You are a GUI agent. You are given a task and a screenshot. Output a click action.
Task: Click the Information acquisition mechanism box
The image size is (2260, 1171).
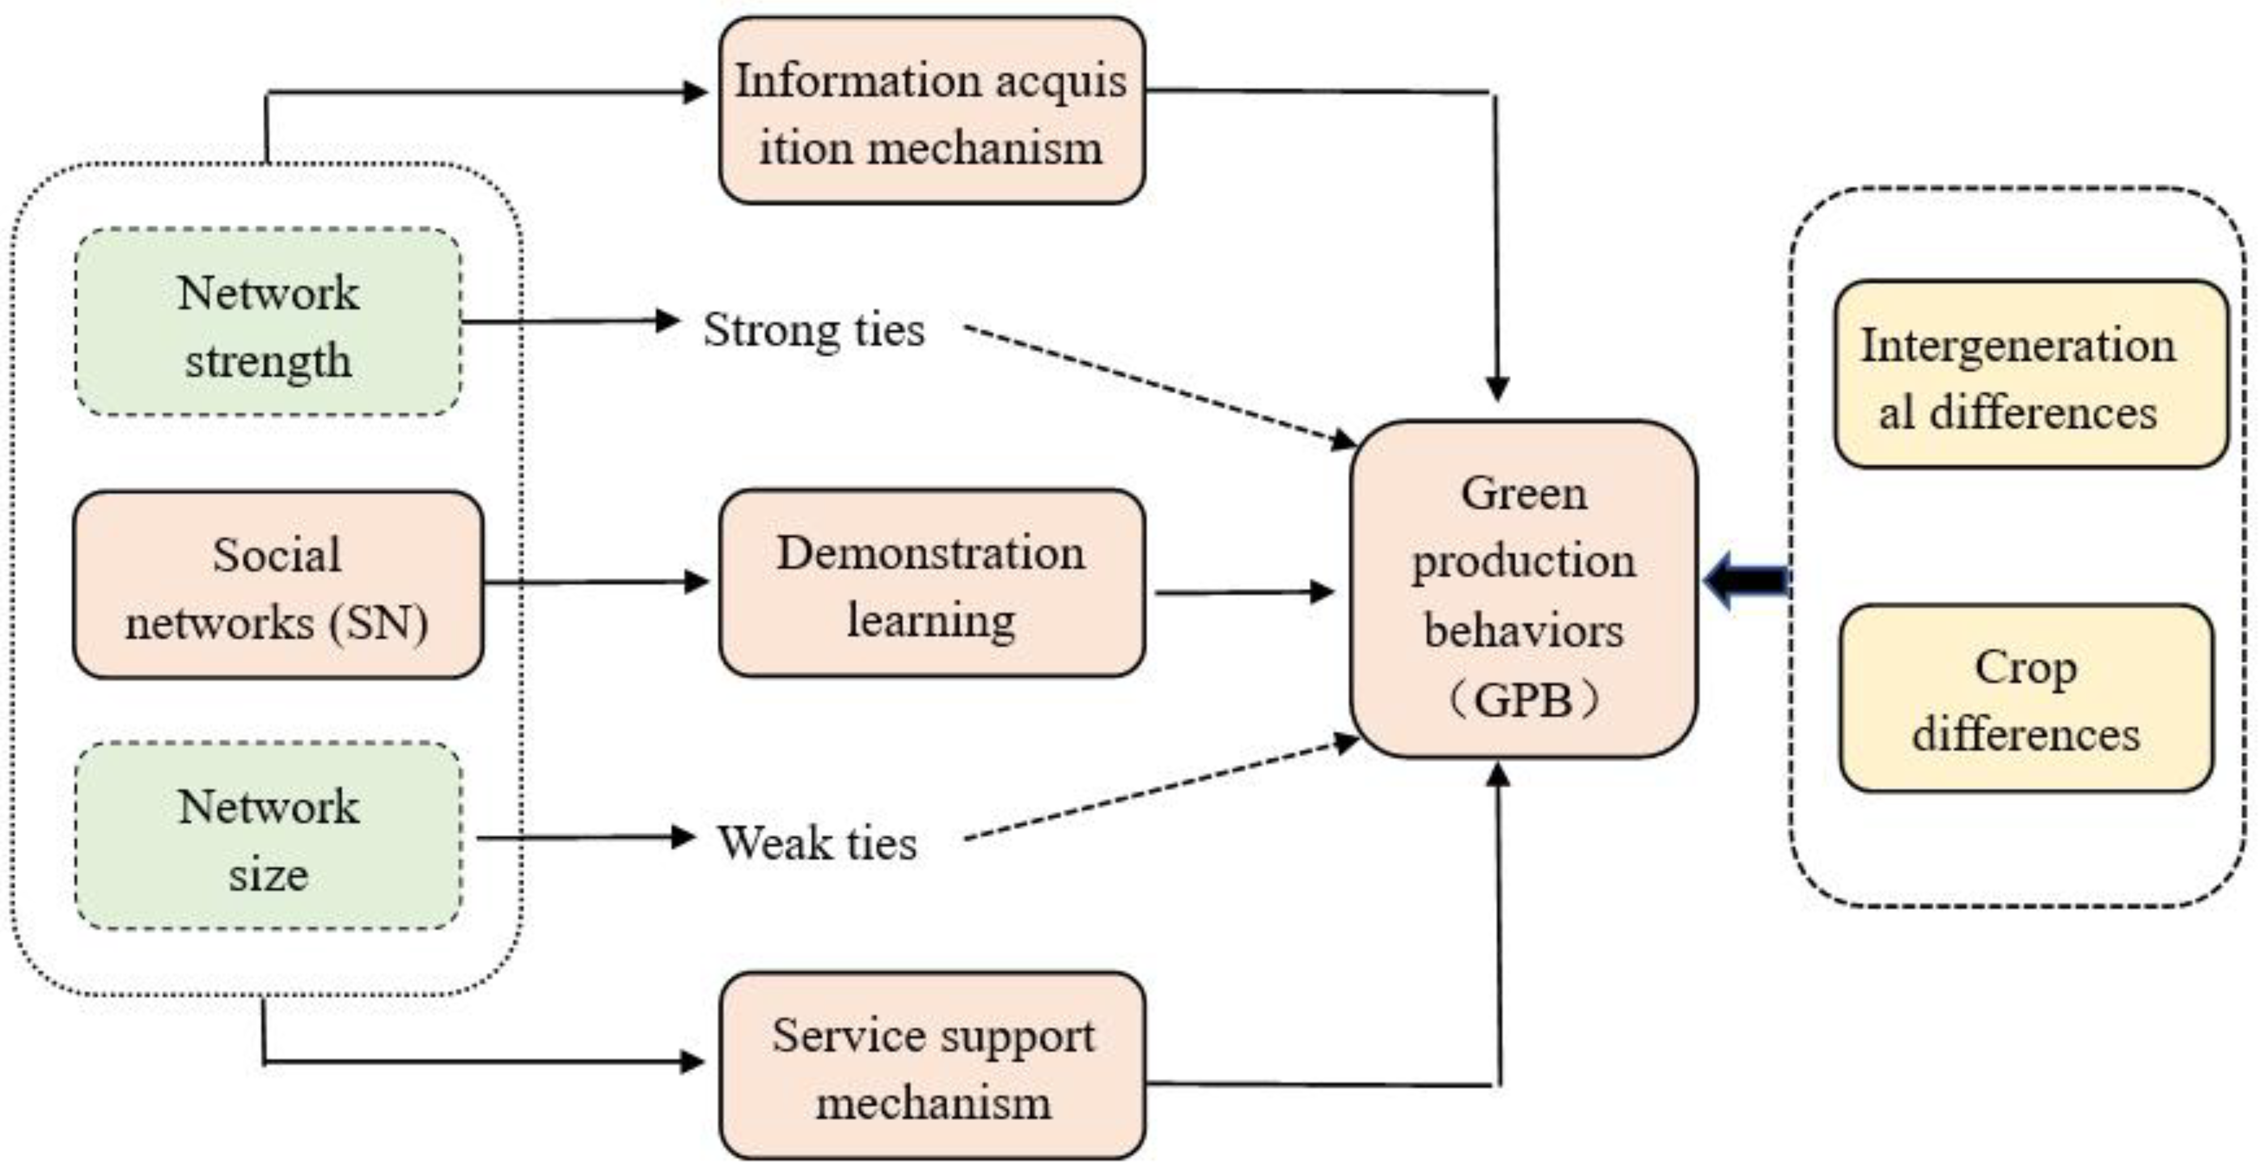932,112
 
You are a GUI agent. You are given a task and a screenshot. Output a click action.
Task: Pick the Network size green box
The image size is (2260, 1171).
268,837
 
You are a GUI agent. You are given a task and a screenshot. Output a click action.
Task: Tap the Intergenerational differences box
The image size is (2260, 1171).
2030,375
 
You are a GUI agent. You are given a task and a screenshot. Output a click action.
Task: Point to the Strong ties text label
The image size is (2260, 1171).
814,330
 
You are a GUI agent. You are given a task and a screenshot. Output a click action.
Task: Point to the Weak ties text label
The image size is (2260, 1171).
817,843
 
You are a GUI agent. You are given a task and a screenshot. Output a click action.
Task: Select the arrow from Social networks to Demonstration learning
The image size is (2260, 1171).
596,582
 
